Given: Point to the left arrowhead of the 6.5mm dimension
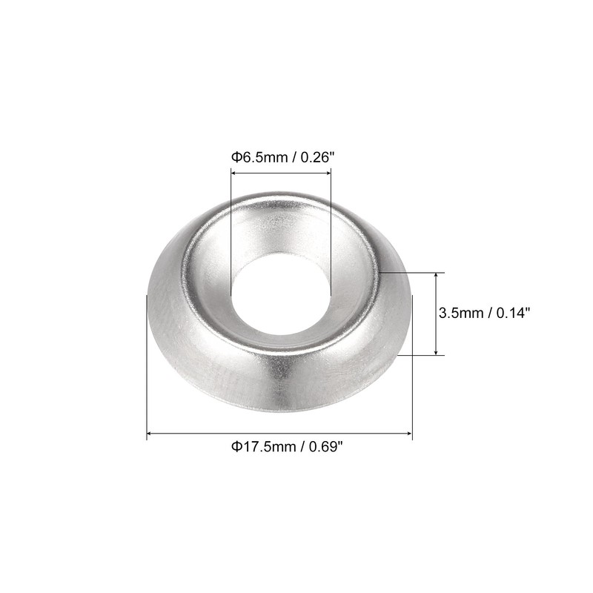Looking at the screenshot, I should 234,173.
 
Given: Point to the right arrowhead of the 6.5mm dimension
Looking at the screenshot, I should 328,173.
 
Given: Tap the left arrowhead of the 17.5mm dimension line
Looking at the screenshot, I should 150,433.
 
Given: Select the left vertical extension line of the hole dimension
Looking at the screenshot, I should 231,222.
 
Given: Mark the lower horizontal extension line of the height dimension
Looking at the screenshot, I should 423,355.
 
